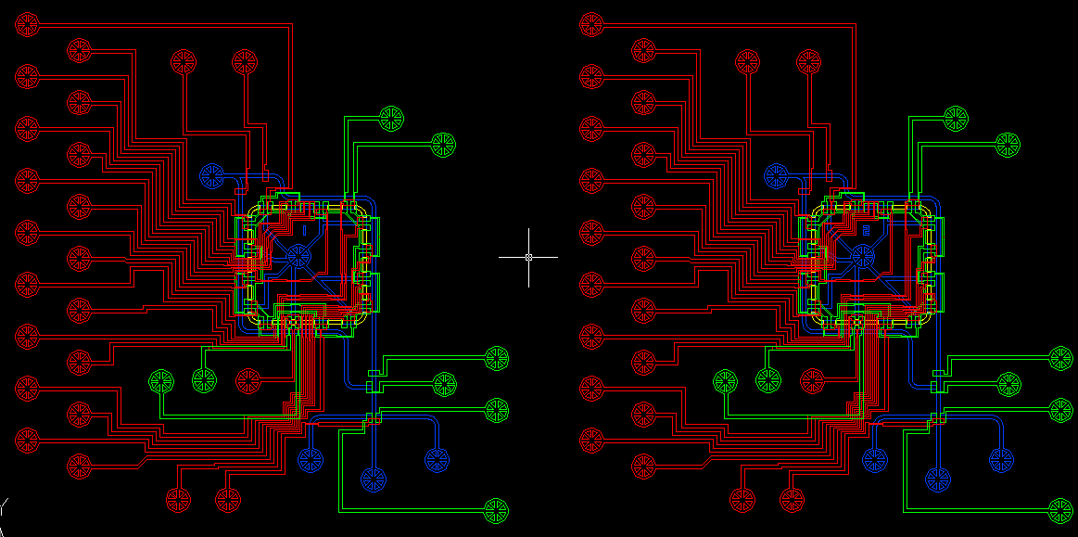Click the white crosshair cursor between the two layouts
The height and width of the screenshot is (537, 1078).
[x=528, y=257]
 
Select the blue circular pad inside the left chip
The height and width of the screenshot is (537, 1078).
[x=298, y=257]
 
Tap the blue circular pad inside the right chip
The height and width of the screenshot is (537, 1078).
[x=863, y=257]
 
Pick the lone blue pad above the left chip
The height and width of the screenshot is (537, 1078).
[x=212, y=174]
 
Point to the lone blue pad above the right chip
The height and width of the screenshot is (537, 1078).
[x=777, y=174]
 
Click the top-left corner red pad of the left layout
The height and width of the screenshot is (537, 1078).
[x=28, y=24]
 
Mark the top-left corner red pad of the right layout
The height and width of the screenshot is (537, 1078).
[x=591, y=24]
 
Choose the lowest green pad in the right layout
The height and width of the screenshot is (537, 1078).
[x=1060, y=508]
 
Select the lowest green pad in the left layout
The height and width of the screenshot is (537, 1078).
[x=497, y=508]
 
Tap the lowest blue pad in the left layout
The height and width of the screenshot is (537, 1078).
[x=374, y=479]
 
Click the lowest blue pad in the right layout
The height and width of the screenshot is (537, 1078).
[x=938, y=479]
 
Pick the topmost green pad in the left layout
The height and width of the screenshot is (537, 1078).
[x=391, y=118]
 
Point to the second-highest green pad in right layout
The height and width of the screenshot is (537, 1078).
[x=1008, y=144]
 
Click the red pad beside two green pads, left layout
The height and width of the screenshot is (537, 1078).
[x=247, y=379]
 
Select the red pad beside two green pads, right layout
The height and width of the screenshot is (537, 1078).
[x=812, y=379]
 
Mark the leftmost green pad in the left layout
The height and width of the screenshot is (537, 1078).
[x=161, y=379]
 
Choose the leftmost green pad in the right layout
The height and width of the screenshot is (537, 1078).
[x=725, y=379]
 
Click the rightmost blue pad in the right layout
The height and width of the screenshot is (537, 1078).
[x=1001, y=458]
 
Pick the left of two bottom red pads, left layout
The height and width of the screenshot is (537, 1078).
[x=177, y=500]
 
